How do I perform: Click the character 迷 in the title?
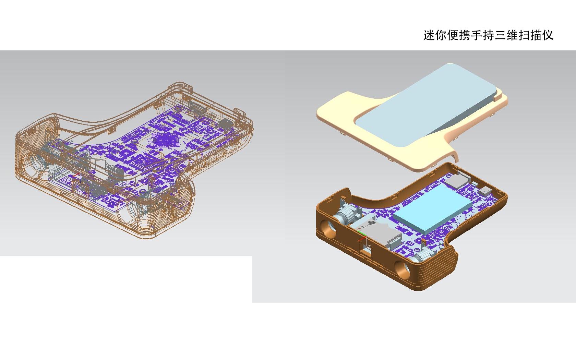point(429,35)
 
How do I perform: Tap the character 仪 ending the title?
point(548,35)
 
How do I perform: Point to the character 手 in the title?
point(477,35)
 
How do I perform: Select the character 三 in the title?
point(500,35)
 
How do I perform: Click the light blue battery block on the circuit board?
point(433,209)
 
